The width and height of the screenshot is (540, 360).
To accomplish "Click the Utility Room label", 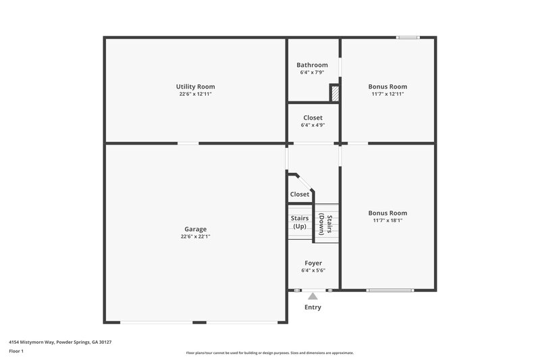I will click(x=195, y=86).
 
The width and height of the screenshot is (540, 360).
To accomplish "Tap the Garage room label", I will click(x=195, y=229).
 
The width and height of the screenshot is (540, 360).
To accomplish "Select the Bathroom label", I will click(x=313, y=65).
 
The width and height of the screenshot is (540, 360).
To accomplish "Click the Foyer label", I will click(x=313, y=263).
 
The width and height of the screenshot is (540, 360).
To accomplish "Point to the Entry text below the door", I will click(x=313, y=307).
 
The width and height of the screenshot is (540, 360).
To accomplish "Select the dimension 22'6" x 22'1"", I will click(x=195, y=237).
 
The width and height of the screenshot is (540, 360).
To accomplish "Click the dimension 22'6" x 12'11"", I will click(x=195, y=95).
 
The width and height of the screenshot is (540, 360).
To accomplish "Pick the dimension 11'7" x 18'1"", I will click(x=387, y=221).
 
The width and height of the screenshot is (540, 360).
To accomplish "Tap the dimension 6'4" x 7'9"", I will click(x=313, y=72).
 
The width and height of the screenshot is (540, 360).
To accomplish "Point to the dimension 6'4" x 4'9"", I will click(x=313, y=125).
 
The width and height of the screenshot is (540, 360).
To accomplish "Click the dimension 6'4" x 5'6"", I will click(x=313, y=270).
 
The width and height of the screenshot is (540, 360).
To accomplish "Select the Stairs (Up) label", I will click(x=300, y=222).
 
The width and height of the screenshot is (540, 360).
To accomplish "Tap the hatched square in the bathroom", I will click(x=333, y=93).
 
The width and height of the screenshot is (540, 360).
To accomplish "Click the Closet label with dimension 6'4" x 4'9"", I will click(x=313, y=118).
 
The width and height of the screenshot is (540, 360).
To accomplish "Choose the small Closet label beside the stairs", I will click(x=300, y=194).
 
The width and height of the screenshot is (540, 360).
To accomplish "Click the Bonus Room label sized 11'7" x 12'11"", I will click(x=387, y=86).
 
